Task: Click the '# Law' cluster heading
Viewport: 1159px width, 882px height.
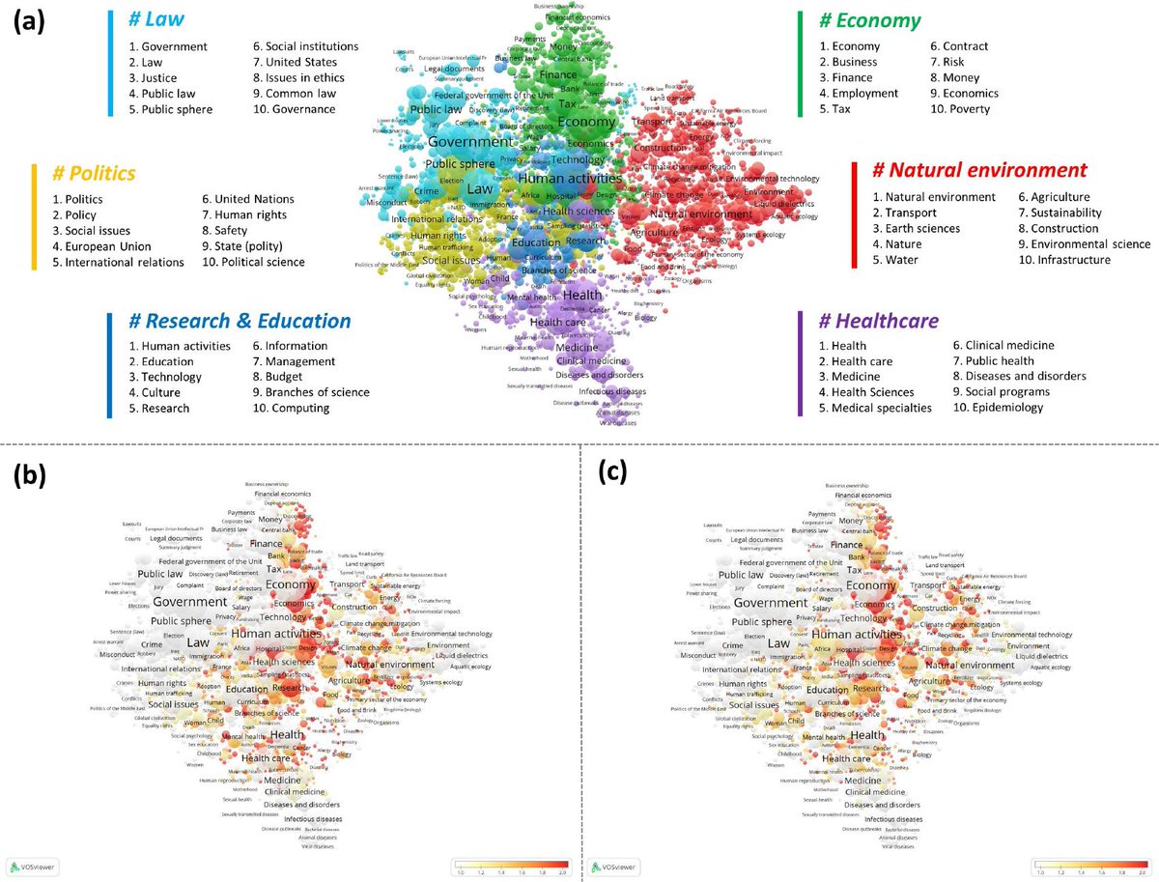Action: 158,19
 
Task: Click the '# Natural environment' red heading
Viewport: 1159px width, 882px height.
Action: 979,171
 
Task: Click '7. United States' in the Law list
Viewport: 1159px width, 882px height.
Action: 294,62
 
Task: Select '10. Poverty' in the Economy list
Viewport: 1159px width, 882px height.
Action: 963,109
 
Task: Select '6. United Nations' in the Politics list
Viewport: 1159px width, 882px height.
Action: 248,199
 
